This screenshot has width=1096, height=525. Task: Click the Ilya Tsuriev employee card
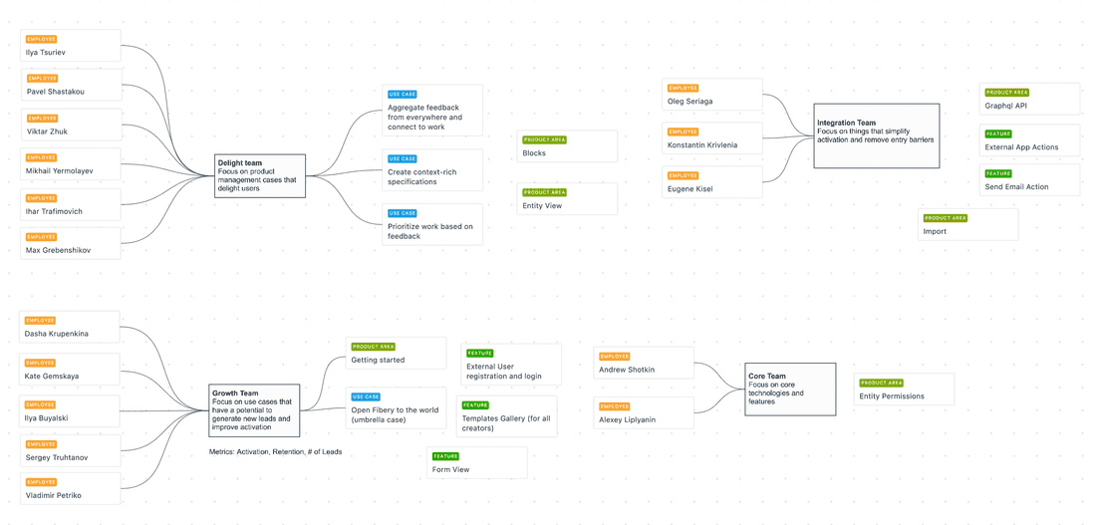(71, 46)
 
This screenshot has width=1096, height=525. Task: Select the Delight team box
(259, 175)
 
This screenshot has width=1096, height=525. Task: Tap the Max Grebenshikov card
(71, 244)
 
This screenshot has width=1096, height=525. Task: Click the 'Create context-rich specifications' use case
(432, 170)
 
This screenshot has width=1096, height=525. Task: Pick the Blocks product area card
(567, 146)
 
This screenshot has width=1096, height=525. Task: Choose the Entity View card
(567, 199)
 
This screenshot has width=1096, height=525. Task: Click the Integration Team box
(876, 135)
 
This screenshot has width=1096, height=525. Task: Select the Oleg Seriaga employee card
(711, 95)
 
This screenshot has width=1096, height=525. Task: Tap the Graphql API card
(1029, 99)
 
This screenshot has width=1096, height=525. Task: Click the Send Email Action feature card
(1029, 180)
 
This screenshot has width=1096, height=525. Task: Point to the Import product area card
(967, 224)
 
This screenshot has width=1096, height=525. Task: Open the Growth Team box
(254, 410)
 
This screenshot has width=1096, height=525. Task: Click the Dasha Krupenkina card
(70, 327)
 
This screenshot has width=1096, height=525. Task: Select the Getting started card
(396, 354)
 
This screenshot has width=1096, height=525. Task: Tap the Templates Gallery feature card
(506, 416)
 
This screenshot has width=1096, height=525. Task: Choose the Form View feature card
(476, 463)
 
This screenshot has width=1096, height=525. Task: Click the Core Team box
(790, 389)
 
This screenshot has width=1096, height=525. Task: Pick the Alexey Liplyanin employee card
(644, 413)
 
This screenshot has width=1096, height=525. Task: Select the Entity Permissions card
(904, 390)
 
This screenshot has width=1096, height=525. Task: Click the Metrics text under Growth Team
(275, 452)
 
